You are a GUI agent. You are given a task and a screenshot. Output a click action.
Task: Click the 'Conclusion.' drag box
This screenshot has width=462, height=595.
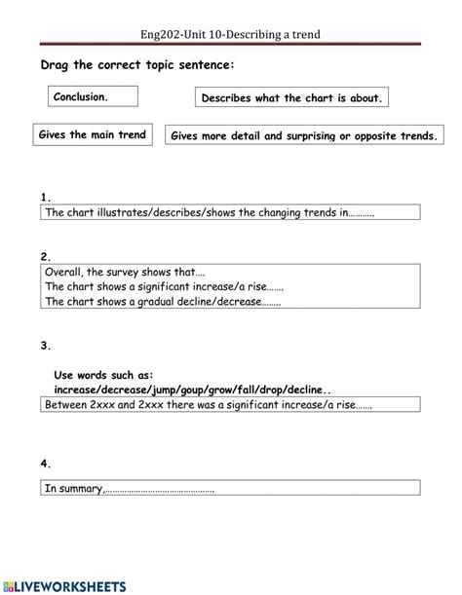coord(93,97)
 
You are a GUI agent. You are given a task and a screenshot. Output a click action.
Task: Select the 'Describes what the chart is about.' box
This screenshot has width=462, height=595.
coord(292,98)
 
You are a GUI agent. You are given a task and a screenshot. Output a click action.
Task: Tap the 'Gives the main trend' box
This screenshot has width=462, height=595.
coord(93,135)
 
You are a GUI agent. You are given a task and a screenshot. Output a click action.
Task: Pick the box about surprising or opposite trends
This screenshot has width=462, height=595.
coord(304,137)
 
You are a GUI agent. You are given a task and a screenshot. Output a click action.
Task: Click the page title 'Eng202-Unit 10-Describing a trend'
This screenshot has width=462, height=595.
coord(231,35)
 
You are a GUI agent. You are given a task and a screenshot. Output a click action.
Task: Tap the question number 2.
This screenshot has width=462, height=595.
coord(46,257)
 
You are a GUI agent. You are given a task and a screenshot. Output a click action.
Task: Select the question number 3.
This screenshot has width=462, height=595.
coord(46,345)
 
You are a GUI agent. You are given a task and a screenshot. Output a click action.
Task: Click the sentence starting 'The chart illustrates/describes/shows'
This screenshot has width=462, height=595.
coord(210,211)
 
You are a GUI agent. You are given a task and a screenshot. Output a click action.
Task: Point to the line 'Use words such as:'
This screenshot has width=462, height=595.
coord(104,373)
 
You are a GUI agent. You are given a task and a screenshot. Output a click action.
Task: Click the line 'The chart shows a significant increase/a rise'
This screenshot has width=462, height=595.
coord(165,287)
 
